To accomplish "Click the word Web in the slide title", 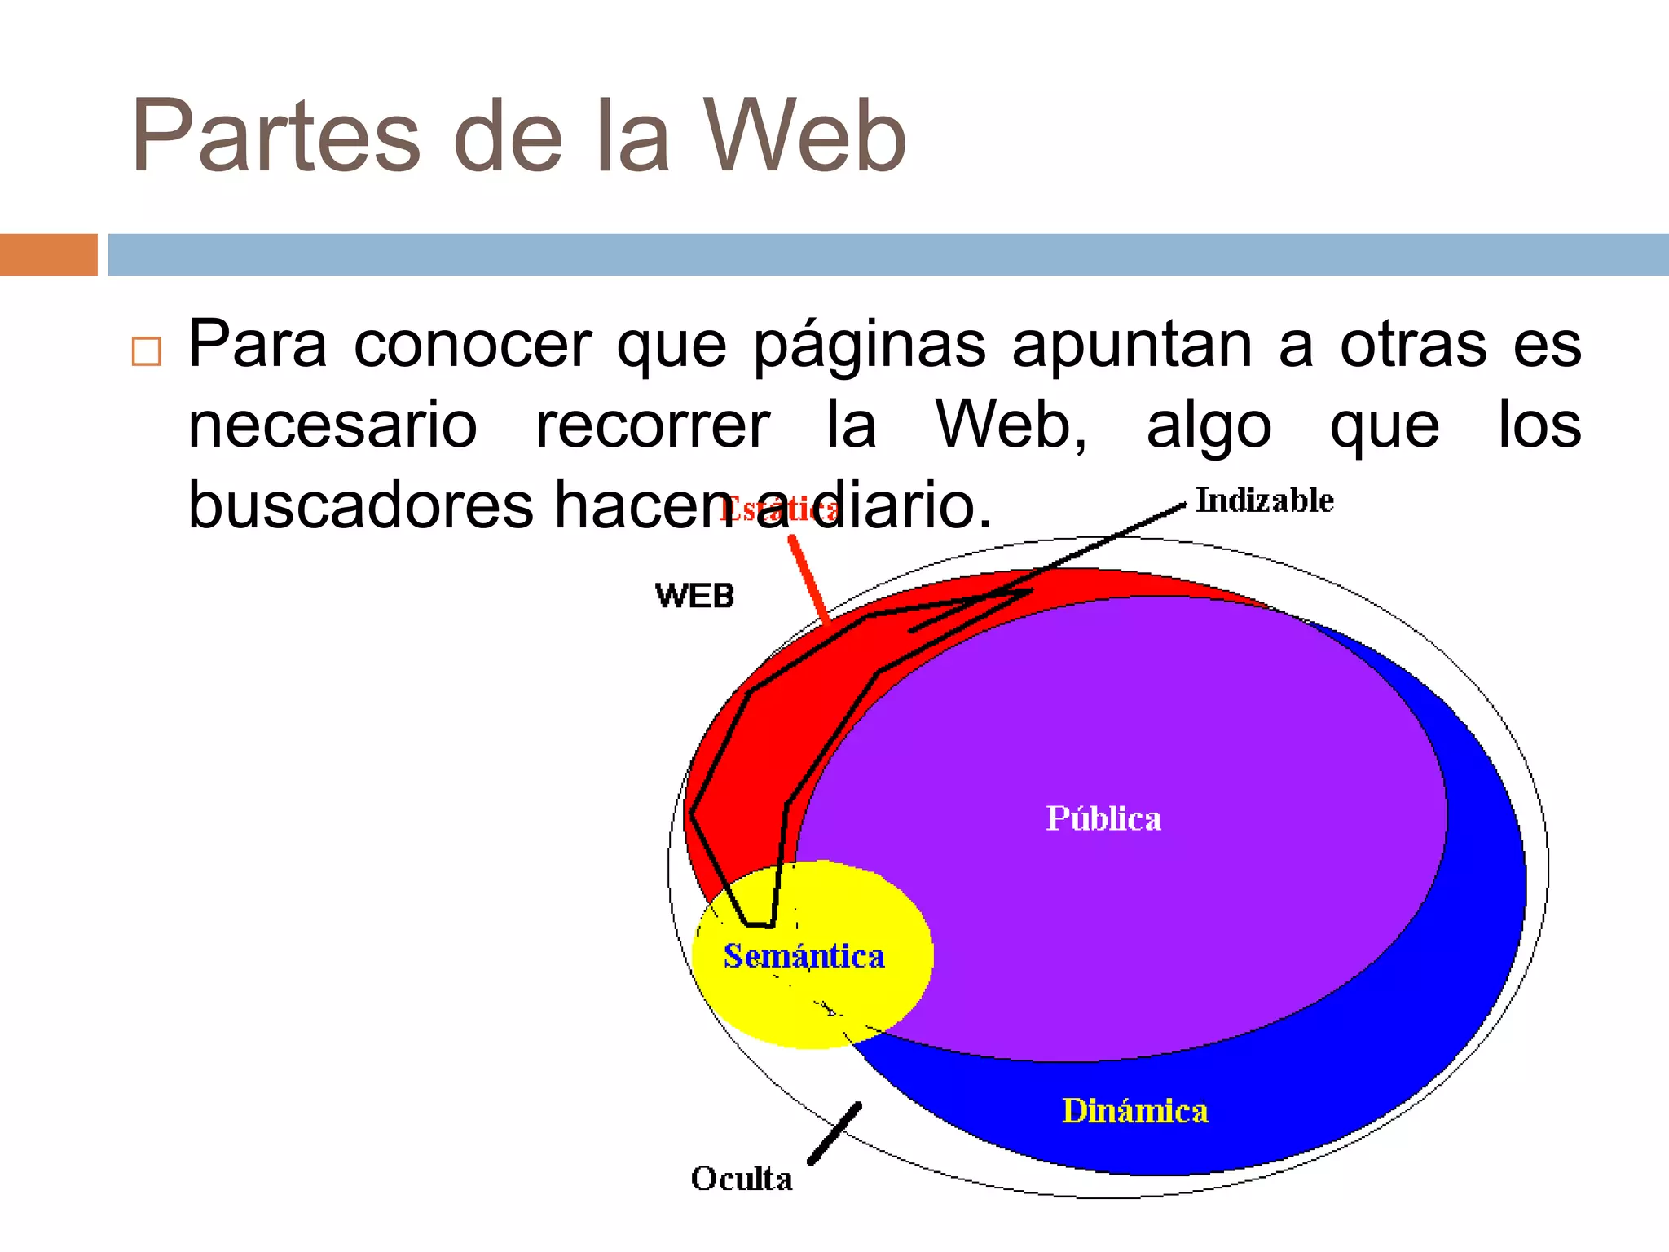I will [x=804, y=137].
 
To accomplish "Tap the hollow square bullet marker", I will [x=147, y=351].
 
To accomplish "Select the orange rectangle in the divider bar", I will [x=48, y=254].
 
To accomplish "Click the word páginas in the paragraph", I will [x=869, y=346].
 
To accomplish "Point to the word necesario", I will [x=332, y=425].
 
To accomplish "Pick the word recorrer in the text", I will [x=652, y=425].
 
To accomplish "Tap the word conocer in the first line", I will [x=473, y=346].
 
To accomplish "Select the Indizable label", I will [x=1264, y=500].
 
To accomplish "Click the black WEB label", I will [x=694, y=596].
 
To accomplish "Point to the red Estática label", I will [x=778, y=510].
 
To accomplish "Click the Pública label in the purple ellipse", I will [x=1103, y=818].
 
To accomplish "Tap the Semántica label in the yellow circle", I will [x=804, y=956].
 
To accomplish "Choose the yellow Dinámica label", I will [x=1134, y=1111].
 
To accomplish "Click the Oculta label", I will [x=742, y=1179].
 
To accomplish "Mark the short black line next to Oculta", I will [x=834, y=1134].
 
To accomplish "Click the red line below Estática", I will [x=809, y=580].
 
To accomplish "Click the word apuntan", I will [x=1132, y=346].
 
